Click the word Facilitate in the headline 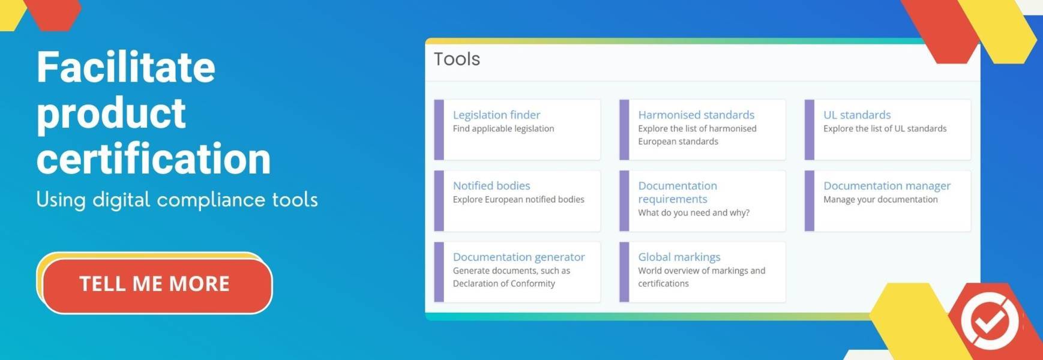click(x=126, y=67)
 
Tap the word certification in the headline click(x=154, y=159)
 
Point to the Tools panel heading click(x=457, y=59)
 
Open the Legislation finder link click(x=496, y=115)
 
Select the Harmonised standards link click(x=696, y=115)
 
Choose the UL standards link click(x=857, y=115)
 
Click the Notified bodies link click(x=491, y=185)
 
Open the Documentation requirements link click(x=678, y=192)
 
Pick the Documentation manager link click(x=887, y=185)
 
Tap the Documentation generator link click(x=518, y=257)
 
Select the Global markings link click(x=679, y=257)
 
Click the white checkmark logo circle click(x=990, y=320)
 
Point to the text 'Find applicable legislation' click(x=503, y=128)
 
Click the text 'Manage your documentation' click(x=880, y=199)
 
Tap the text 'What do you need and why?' click(x=694, y=212)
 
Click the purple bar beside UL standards click(x=810, y=130)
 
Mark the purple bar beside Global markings click(x=624, y=272)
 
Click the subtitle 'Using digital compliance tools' click(x=177, y=200)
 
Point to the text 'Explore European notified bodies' click(x=518, y=199)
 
